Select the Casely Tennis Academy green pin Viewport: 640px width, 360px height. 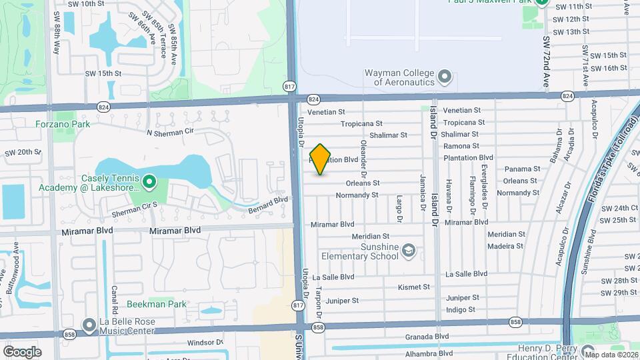click(149, 181)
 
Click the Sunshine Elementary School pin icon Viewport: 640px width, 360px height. click(408, 251)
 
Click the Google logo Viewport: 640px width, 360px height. click(22, 351)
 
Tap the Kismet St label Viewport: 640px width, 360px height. click(413, 287)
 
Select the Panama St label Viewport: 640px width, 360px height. click(522, 169)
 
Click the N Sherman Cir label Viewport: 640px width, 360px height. click(169, 132)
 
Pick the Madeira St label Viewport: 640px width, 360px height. click(506, 246)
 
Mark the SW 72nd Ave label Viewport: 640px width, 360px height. click(545, 62)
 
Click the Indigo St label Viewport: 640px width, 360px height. click(461, 309)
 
